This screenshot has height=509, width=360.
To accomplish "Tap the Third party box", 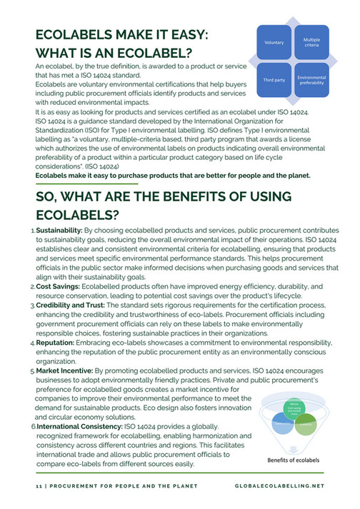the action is click(274, 80).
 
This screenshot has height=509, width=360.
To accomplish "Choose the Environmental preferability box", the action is click(311, 79).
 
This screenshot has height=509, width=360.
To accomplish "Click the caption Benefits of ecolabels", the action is click(294, 459).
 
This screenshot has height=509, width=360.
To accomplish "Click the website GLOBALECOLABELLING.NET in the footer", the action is click(279, 485).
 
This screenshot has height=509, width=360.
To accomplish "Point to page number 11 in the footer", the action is click(39, 485).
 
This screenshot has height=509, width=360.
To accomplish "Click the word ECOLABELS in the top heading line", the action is click(73, 37).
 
